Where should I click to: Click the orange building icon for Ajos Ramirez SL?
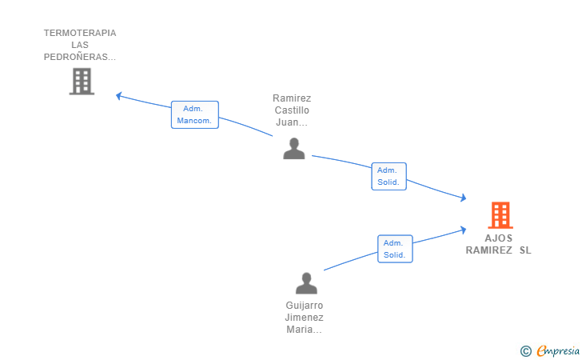tap(500, 215)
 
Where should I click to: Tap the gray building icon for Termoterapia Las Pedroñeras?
tap(82, 82)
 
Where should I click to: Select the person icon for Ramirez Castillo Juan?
tap(294, 149)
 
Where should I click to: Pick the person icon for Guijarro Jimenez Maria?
tap(306, 283)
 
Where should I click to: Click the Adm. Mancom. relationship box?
tap(195, 114)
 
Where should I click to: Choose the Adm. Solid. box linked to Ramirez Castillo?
tap(389, 177)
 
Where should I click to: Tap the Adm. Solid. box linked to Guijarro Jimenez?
tap(395, 249)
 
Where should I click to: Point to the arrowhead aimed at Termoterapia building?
tap(119, 96)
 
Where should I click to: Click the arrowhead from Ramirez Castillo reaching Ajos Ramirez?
tap(463, 198)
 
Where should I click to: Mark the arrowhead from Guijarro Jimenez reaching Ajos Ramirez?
tap(463, 230)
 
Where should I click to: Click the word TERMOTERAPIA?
tap(80, 33)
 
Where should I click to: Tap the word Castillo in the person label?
tap(292, 110)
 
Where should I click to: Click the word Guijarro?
tap(305, 306)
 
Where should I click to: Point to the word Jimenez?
tap(304, 318)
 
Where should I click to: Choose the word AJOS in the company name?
tap(499, 238)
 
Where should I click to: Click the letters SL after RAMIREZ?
tap(525, 250)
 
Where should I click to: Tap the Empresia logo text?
tap(558, 350)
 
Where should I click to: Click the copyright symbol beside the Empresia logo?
tap(525, 351)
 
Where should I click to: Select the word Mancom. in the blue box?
tap(194, 121)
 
